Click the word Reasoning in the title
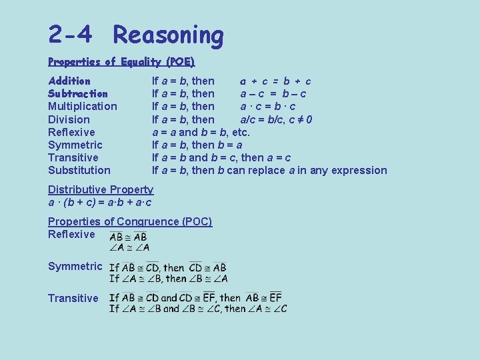(168, 35)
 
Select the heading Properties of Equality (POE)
(121, 62)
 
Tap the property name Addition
(69, 81)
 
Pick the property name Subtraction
(78, 94)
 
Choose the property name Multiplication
(82, 107)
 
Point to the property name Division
(69, 120)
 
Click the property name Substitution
(79, 171)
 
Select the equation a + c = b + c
(275, 81)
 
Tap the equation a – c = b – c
(273, 94)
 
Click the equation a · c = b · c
(268, 107)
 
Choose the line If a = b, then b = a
(197, 145)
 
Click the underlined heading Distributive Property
(101, 190)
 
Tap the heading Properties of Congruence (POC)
(130, 222)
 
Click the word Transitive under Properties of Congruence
(73, 299)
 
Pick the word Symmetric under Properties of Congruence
(75, 267)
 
